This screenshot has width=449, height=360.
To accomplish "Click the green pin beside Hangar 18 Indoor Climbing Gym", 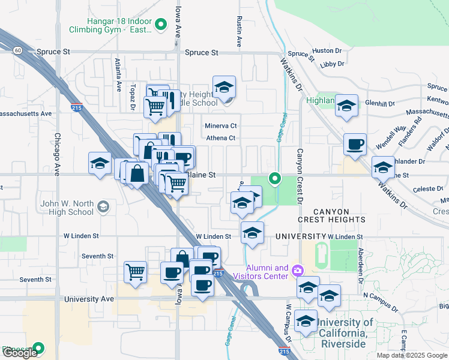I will (x=160, y=25).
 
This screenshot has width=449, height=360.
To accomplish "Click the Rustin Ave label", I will (x=240, y=32).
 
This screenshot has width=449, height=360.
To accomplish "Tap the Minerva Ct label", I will (x=221, y=126).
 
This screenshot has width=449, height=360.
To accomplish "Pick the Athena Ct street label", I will (x=221, y=138).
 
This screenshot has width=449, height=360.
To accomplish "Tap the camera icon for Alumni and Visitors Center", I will (x=298, y=272).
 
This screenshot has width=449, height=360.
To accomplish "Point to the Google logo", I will (x=19, y=353).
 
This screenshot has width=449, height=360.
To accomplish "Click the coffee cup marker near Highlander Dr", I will (x=355, y=145).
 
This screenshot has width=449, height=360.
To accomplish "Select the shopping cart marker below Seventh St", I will (x=135, y=271).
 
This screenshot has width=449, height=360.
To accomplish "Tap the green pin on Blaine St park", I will (x=275, y=178).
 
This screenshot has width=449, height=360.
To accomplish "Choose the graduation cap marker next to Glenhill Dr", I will (x=346, y=106).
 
